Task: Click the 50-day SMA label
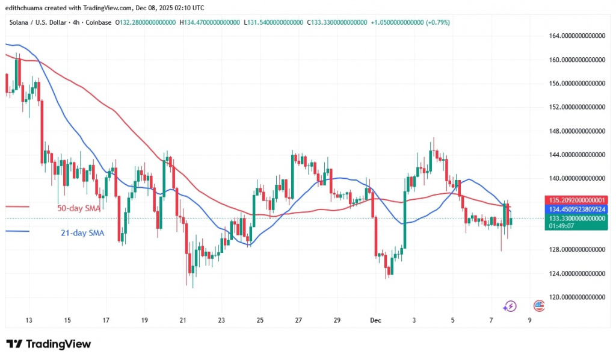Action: click(x=78, y=208)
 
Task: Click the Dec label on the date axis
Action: click(x=376, y=320)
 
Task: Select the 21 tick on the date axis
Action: click(x=183, y=320)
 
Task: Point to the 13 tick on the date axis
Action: click(x=29, y=320)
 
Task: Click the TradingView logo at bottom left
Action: click(x=49, y=344)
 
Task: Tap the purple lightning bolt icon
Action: click(x=510, y=306)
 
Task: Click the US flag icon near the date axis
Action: click(x=539, y=306)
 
